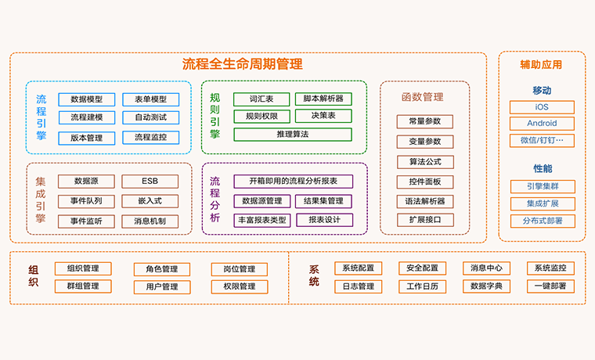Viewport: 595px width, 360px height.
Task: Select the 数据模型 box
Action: [x=86, y=99]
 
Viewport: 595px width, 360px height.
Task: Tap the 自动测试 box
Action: [x=150, y=118]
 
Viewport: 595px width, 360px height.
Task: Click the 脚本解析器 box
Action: [x=323, y=99]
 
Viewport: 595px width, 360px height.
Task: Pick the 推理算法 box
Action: [x=293, y=135]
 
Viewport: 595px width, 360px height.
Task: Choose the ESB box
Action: [x=150, y=181]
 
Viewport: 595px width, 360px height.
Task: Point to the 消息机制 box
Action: [x=150, y=221]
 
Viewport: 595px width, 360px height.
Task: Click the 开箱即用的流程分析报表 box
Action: [x=293, y=182]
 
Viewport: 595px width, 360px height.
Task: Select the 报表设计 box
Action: [x=323, y=220]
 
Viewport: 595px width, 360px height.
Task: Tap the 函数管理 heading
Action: [x=422, y=97]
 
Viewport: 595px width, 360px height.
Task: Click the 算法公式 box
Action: [x=425, y=162]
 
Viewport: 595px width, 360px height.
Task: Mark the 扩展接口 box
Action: [x=425, y=220]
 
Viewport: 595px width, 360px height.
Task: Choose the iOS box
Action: [x=542, y=106]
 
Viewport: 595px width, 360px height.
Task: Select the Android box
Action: [x=542, y=124]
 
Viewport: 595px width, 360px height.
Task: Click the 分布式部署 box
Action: [x=542, y=221]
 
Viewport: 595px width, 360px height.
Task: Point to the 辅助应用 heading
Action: [x=541, y=64]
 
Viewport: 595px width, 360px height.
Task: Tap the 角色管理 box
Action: [x=162, y=269]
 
